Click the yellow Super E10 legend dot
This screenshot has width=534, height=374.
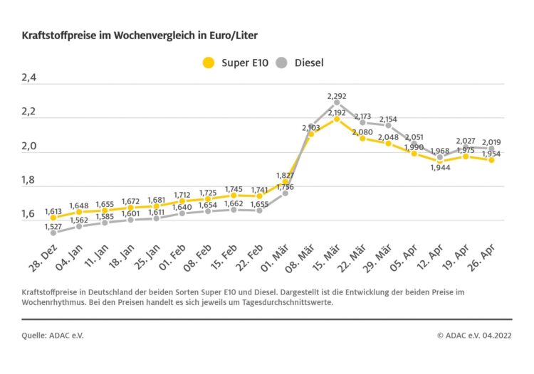pyautogui.click(x=208, y=63)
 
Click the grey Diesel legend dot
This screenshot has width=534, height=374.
pyautogui.click(x=281, y=63)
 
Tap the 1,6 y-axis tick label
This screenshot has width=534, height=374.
pyautogui.click(x=31, y=214)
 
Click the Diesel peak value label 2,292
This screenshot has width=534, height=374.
pyautogui.click(x=337, y=95)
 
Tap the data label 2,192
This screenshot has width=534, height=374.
pyautogui.click(x=337, y=112)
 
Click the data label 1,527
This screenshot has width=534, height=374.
pyautogui.click(x=53, y=226)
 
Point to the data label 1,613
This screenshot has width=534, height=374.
pyautogui.click(x=53, y=211)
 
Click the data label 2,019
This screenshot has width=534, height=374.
pyautogui.click(x=491, y=141)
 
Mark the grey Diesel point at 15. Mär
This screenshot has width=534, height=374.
pyautogui.click(x=337, y=102)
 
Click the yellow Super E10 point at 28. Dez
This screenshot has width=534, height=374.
pyautogui.click(x=53, y=218)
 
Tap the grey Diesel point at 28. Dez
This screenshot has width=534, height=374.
pyautogui.click(x=53, y=233)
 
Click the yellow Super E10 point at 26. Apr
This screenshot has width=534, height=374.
pyautogui.click(x=491, y=160)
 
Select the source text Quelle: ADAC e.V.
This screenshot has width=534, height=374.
pyautogui.click(x=53, y=333)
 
